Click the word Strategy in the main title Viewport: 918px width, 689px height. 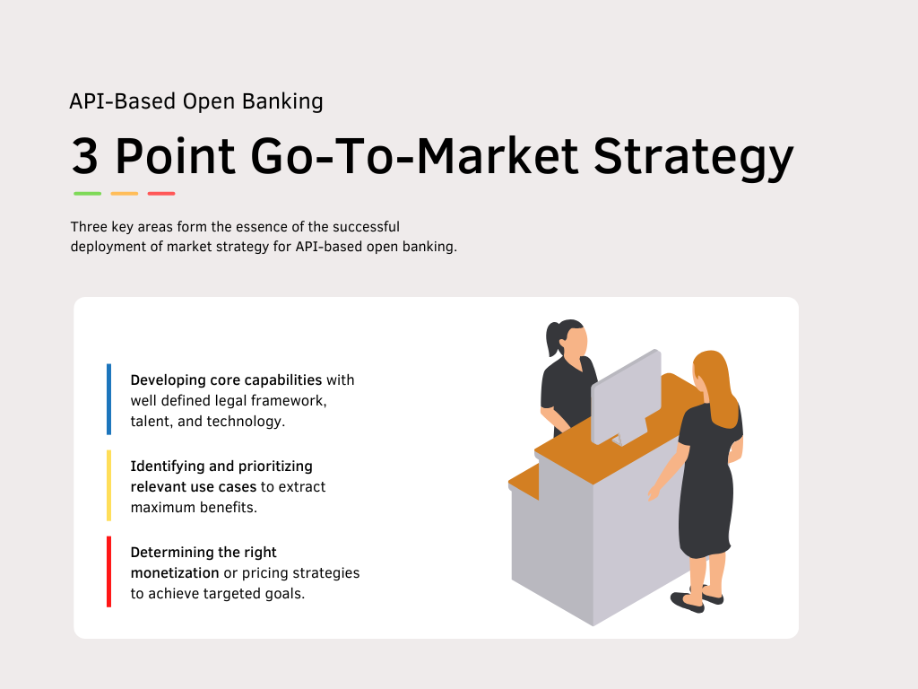click(695, 158)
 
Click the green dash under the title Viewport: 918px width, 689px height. click(87, 193)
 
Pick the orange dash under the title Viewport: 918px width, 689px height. click(124, 193)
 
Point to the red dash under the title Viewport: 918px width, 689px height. click(161, 193)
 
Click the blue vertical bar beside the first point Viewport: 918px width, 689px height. click(109, 398)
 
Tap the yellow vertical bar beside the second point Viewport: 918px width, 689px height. click(109, 485)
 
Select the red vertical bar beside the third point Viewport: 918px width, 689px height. click(109, 571)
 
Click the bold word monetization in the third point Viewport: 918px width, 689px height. click(175, 572)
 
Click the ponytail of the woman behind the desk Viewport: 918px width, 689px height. click(552, 339)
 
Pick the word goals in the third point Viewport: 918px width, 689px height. click(287, 593)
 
